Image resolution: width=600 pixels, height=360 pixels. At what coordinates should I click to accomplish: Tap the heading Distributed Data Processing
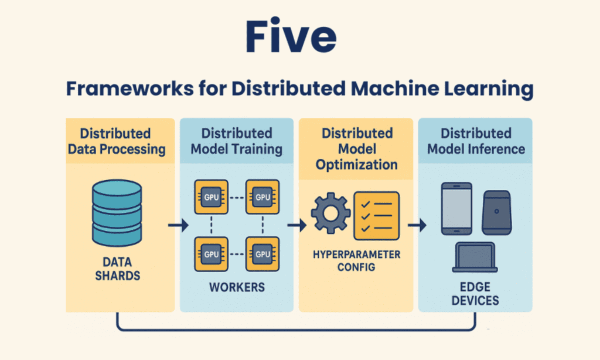coord(116,141)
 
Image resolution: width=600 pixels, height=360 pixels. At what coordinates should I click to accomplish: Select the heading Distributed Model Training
coord(237,141)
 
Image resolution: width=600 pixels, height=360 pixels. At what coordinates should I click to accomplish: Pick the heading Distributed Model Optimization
coord(357,149)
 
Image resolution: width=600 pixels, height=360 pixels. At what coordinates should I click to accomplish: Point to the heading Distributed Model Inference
coord(475,141)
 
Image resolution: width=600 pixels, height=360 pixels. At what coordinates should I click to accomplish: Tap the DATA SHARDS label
coord(116,268)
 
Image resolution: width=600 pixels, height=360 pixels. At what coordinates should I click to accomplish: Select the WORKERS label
coord(237,288)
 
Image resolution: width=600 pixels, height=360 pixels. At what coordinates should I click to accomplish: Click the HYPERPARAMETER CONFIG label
coord(357,261)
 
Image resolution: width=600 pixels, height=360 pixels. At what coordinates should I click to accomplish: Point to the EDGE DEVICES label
coord(475,294)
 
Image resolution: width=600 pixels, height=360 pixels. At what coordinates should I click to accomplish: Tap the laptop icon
coord(475,259)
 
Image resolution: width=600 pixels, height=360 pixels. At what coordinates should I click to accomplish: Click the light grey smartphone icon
coord(455,209)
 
